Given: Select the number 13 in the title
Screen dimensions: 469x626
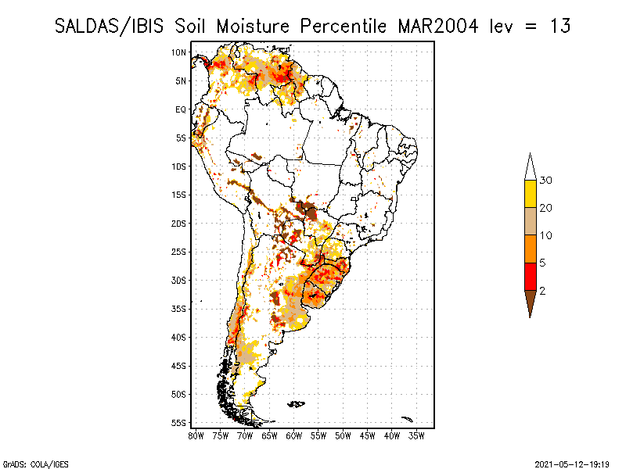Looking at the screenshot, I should pyautogui.click(x=559, y=26).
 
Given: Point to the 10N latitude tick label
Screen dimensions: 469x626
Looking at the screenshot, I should pyautogui.click(x=178, y=52).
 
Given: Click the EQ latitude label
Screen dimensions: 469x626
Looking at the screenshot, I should pyautogui.click(x=180, y=109).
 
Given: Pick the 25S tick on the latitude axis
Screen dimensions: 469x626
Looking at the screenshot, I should pyautogui.click(x=178, y=252).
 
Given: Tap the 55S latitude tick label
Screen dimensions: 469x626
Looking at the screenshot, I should pyautogui.click(x=178, y=423).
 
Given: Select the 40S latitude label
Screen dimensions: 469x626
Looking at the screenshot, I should pyautogui.click(x=178, y=338).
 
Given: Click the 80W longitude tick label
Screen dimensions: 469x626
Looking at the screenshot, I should pyautogui.click(x=196, y=435).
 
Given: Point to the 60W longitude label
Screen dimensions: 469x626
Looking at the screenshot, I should pyautogui.click(x=294, y=435).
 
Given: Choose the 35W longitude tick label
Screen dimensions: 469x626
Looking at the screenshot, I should pyautogui.click(x=417, y=435).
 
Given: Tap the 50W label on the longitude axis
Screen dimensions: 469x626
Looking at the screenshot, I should pyautogui.click(x=344, y=435).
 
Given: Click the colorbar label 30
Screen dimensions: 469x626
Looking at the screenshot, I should pyautogui.click(x=546, y=181).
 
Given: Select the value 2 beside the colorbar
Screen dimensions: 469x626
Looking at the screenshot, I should pyautogui.click(x=542, y=291).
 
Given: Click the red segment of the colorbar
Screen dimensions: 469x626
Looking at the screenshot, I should pyautogui.click(x=530, y=276).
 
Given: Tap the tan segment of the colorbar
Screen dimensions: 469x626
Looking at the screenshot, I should pyautogui.click(x=530, y=221).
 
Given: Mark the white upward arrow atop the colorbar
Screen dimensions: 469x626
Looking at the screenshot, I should pyautogui.click(x=530, y=166).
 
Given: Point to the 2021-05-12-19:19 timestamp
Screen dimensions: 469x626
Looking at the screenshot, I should pyautogui.click(x=572, y=464).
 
